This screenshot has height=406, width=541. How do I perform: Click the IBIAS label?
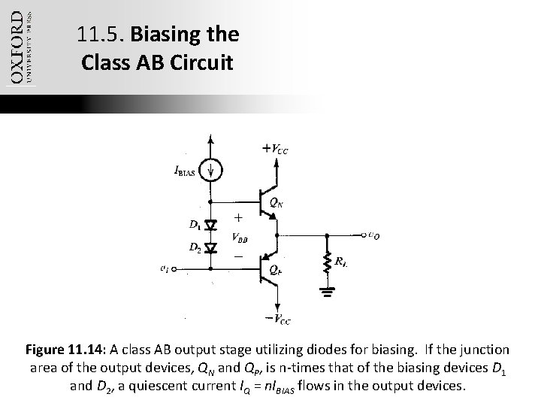(185, 172)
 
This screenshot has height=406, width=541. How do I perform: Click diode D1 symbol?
(211, 224)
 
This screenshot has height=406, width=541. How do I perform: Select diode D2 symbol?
(211, 247)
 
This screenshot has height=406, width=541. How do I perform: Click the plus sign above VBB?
(237, 218)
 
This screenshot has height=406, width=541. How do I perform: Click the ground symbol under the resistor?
(328, 290)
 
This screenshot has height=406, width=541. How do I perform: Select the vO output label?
(373, 235)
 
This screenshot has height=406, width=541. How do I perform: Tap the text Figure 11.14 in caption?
(66, 350)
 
